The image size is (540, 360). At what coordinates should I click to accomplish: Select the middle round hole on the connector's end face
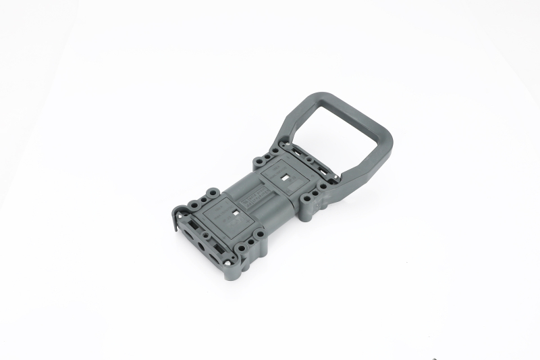200,247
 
